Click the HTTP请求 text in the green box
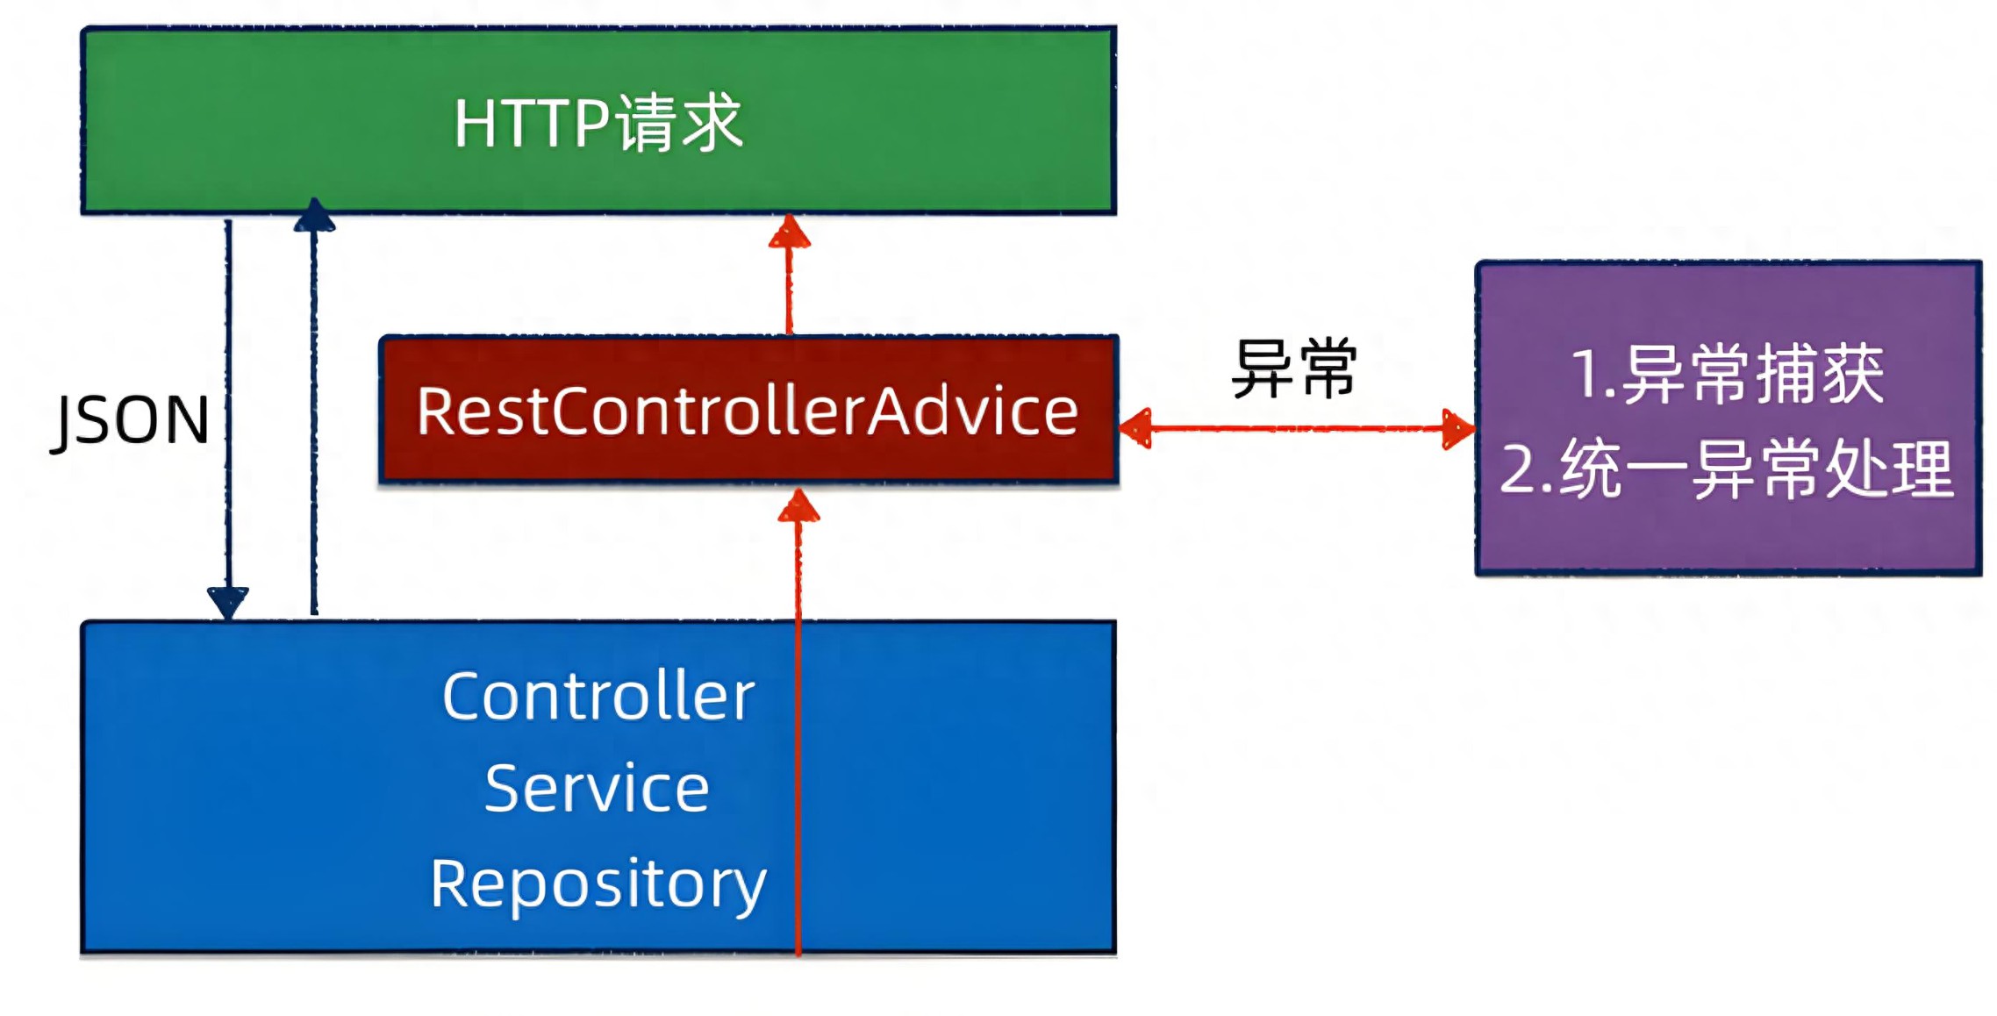pos(598,123)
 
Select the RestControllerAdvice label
pos(748,411)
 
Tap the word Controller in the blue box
pos(598,697)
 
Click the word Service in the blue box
pos(597,789)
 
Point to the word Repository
pos(598,884)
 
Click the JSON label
pos(130,421)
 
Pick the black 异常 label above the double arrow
pos(1294,368)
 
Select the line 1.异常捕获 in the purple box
pos(1727,375)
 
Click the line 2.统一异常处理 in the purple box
pos(1727,469)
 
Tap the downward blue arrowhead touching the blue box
pos(228,603)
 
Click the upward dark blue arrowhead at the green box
pos(314,215)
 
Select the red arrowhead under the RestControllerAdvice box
pos(798,505)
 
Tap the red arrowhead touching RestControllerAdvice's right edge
pos(1135,428)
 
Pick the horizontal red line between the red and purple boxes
pos(1298,428)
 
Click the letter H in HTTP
pos(476,124)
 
